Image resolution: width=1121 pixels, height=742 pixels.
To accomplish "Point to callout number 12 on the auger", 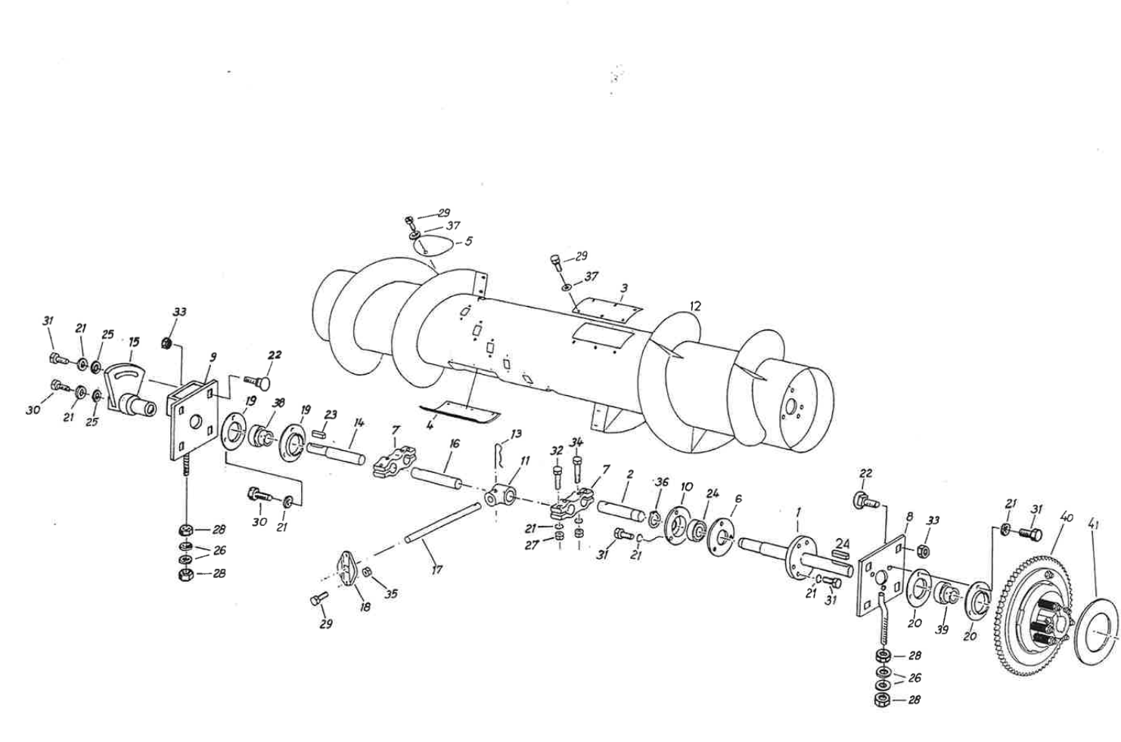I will click(695, 306).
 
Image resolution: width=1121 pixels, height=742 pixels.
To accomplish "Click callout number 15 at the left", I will click(133, 342).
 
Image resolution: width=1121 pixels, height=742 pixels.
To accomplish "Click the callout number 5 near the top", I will click(468, 241).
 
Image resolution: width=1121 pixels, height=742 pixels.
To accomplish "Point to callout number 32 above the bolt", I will click(557, 450).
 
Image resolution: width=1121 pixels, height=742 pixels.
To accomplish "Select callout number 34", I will click(577, 442).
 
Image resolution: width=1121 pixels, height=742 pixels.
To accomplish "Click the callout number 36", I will click(662, 482).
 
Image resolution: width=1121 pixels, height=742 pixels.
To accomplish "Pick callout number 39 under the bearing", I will click(942, 629).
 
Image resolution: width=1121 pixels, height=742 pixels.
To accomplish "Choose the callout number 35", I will click(390, 594).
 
